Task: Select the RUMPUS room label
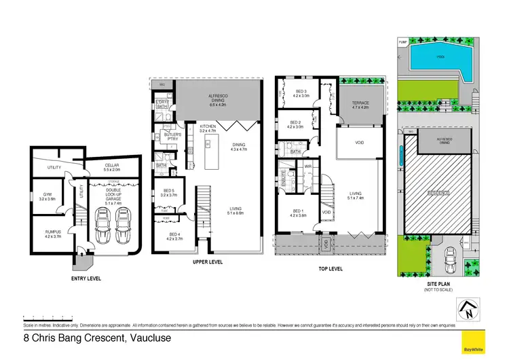click(53, 232)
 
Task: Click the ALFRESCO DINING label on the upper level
click(217, 98)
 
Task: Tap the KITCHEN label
click(208, 126)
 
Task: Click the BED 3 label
click(302, 93)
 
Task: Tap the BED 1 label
click(297, 213)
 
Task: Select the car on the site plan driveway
click(449, 258)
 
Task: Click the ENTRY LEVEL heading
click(86, 278)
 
